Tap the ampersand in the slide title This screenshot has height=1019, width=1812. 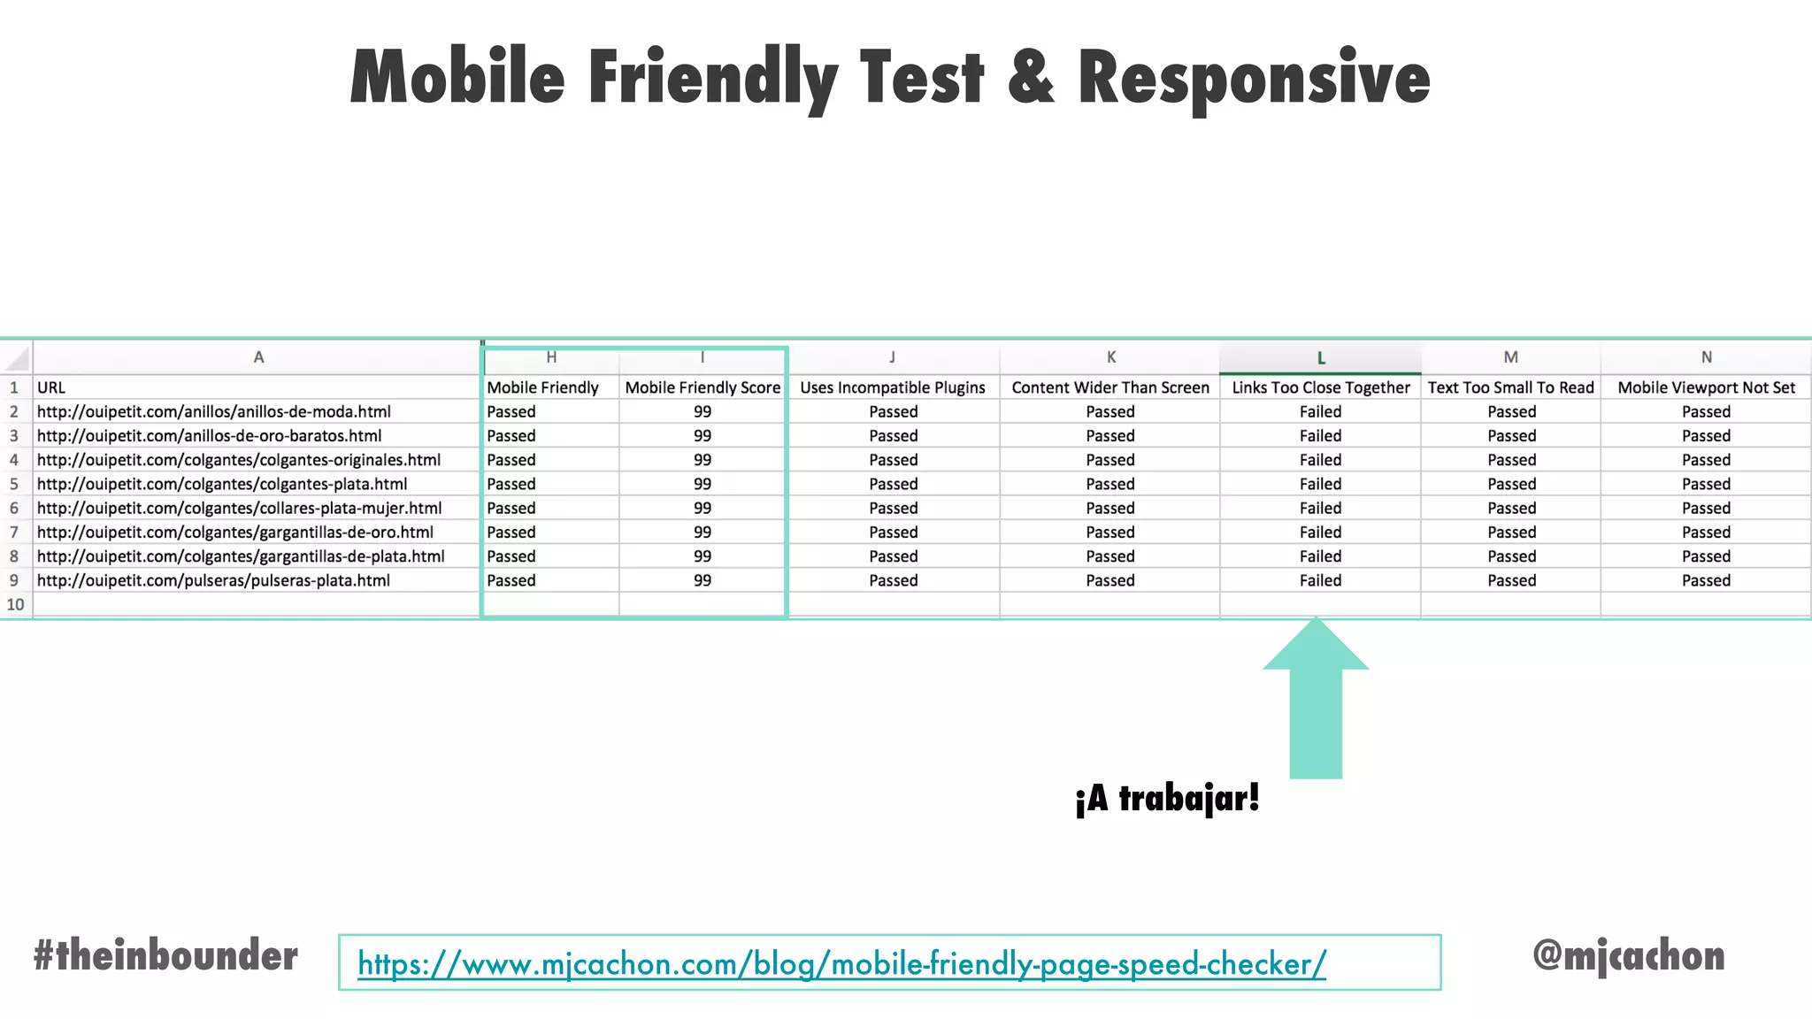1031,78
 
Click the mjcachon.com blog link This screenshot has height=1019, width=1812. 841,963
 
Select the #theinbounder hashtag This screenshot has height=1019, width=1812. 165,956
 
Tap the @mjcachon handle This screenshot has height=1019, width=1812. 1628,955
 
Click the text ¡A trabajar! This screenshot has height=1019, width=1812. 1167,799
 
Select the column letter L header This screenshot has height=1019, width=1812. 1320,358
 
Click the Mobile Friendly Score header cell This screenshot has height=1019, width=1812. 703,387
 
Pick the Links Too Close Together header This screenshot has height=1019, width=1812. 1320,387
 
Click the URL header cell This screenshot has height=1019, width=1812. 51,387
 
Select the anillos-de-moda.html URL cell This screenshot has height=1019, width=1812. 214,411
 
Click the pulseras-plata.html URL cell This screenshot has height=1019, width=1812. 213,580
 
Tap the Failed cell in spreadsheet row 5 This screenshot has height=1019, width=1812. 1320,484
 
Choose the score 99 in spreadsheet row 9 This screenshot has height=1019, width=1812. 703,580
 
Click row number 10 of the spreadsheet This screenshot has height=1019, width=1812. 15,604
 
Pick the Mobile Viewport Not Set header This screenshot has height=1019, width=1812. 1706,387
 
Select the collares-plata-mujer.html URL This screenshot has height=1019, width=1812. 239,508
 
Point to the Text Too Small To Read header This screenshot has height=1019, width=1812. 1510,387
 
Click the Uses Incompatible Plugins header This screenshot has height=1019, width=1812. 892,387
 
